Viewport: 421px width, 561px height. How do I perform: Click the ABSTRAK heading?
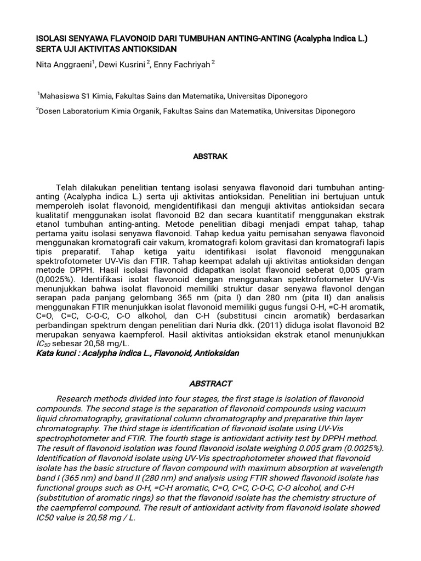(x=210, y=157)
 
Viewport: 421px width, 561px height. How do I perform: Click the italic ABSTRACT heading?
(x=210, y=383)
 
